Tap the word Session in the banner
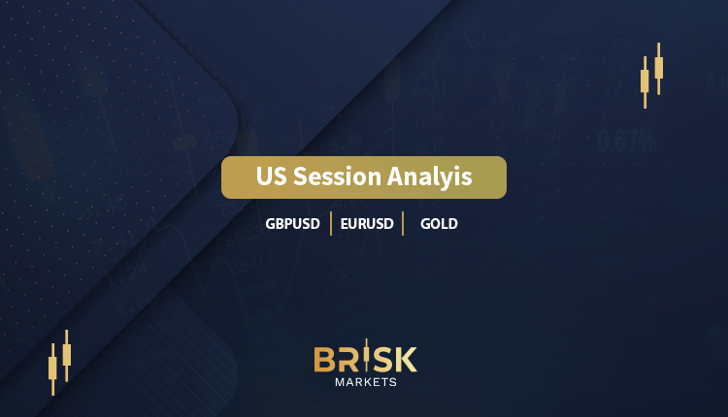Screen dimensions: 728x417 click(338, 176)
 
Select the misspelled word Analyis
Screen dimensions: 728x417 click(429, 177)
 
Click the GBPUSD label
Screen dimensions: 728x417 click(292, 224)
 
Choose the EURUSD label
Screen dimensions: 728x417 click(367, 224)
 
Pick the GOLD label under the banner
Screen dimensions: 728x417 click(439, 224)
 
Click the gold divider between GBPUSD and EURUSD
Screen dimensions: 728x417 click(331, 224)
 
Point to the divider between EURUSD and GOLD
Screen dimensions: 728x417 click(403, 224)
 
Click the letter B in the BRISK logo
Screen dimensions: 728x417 click(324, 360)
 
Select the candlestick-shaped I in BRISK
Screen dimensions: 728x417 click(367, 355)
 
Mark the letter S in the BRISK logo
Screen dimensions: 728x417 click(382, 360)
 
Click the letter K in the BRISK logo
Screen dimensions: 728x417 click(407, 360)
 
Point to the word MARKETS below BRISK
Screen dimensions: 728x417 click(366, 382)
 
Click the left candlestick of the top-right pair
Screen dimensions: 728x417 click(645, 82)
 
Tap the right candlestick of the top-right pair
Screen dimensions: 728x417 click(659, 69)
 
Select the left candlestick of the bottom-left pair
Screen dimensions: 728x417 click(52, 369)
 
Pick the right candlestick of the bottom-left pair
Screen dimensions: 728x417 click(67, 356)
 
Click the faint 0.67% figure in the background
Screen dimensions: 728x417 click(627, 141)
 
